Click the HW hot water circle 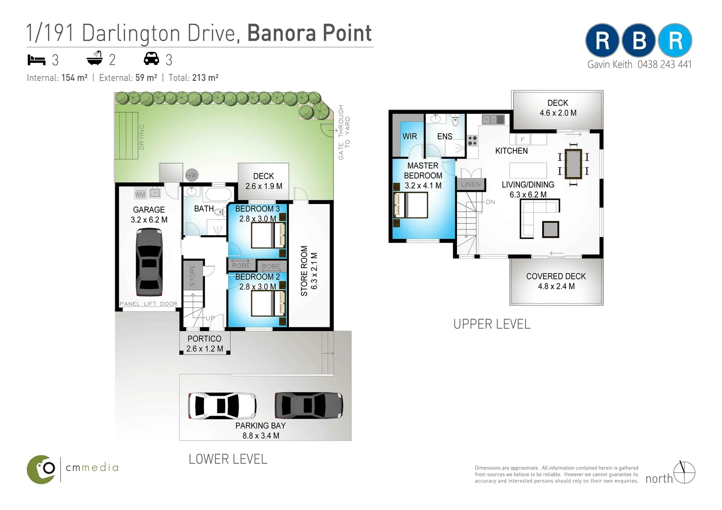(191, 175)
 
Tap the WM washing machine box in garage (140, 194)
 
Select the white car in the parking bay (222, 406)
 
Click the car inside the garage (149, 262)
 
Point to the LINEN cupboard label (471, 184)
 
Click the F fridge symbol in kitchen (523, 140)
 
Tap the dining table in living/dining (573, 164)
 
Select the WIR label (410, 136)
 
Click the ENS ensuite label (445, 136)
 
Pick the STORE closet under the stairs (193, 275)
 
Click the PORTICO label (204, 339)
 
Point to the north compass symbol (684, 472)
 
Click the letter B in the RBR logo (638, 40)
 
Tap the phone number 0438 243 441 (664, 65)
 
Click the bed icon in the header (36, 60)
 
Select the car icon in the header (151, 59)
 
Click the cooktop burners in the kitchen (473, 141)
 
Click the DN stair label (490, 202)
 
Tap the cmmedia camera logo (41, 469)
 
